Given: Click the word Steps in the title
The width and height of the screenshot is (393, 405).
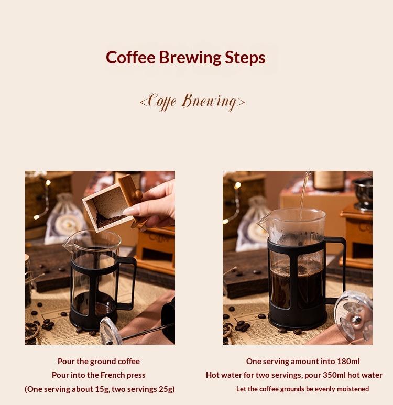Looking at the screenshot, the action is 245,58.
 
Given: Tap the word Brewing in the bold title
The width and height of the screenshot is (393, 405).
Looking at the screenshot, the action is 190,58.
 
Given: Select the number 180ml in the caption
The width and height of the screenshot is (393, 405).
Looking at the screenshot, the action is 348,362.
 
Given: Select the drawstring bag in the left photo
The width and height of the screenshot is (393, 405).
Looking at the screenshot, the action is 64,219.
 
